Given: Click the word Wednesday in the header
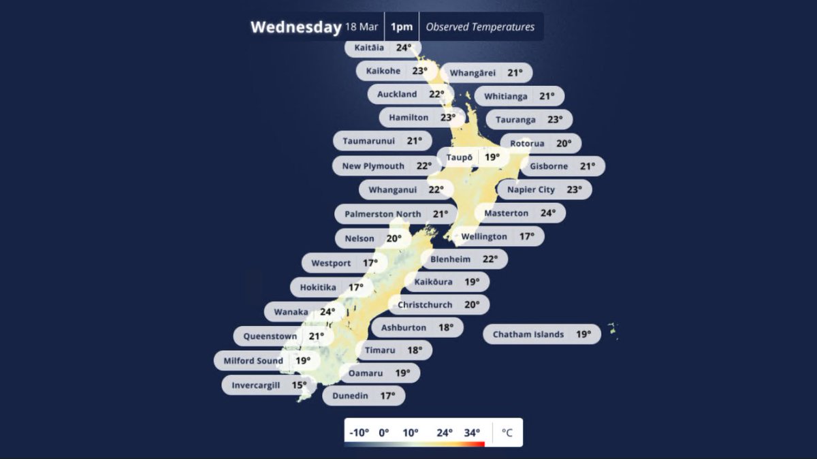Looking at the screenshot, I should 295,27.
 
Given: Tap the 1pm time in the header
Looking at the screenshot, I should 402,27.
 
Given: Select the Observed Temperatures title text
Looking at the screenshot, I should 480,27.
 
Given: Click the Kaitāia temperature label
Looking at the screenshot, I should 383,48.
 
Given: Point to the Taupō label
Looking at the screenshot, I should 472,157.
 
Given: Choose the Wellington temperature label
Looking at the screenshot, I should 497,236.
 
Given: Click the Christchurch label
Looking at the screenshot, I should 438,304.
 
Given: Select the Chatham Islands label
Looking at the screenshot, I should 542,334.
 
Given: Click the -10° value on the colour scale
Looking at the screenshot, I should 359,432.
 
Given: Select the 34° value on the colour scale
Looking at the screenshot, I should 472,432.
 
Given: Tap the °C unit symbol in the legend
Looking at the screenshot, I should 507,432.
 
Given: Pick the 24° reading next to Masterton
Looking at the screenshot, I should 548,213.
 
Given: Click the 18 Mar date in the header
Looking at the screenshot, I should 361,27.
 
